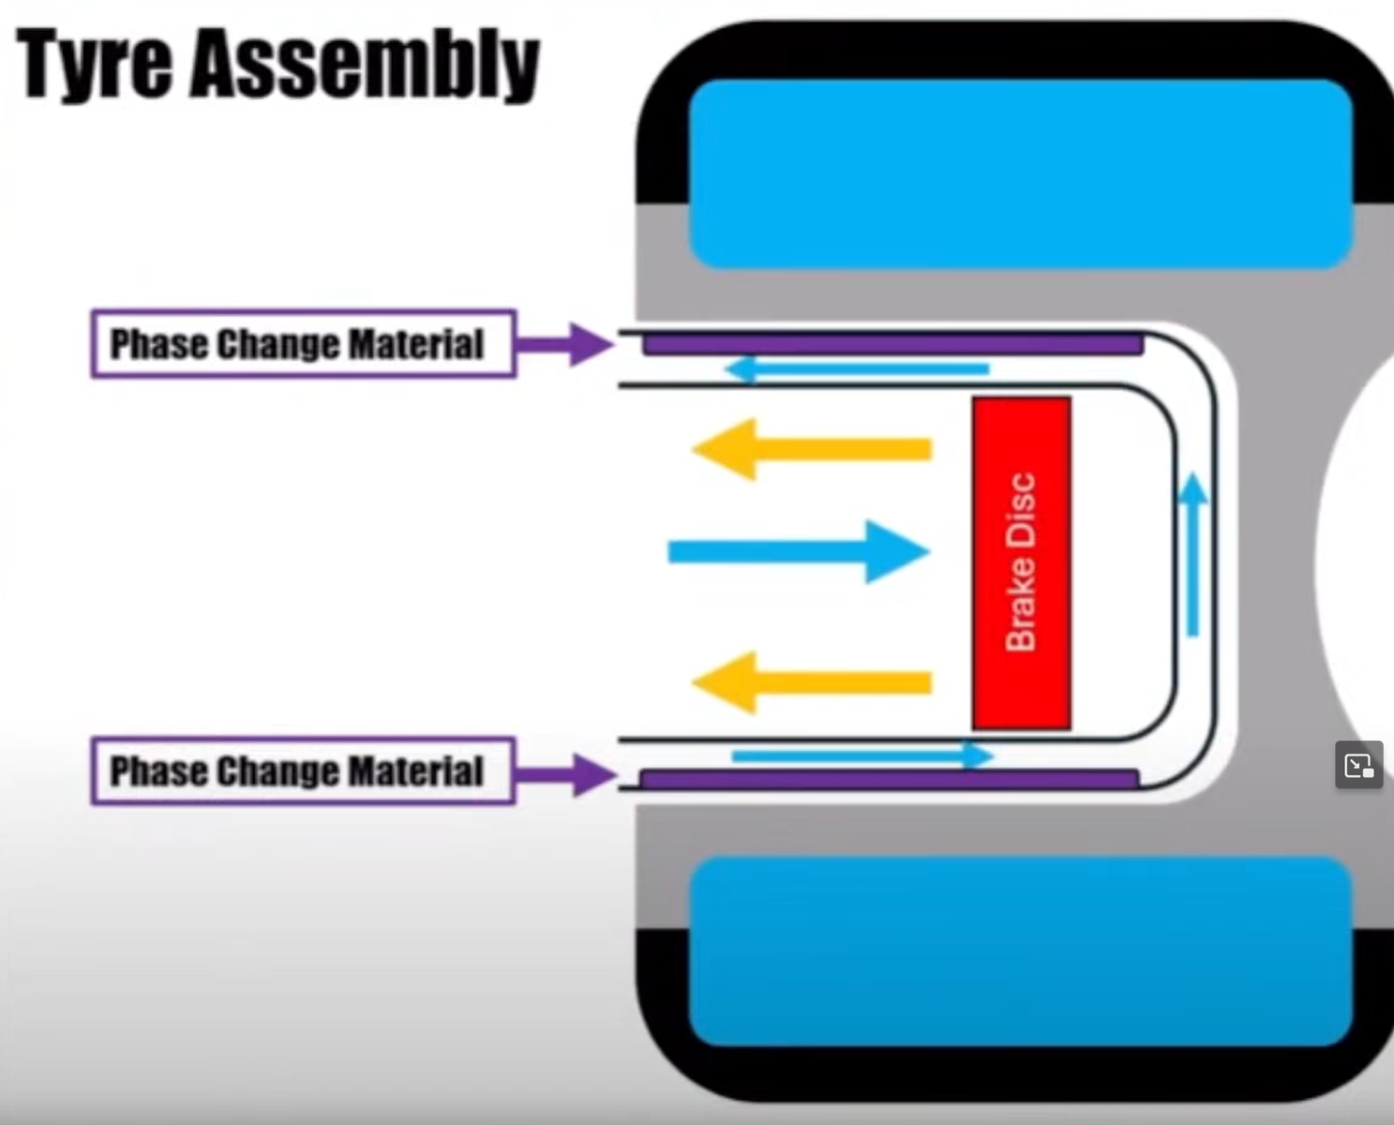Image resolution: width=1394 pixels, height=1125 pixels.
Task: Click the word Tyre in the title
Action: coord(94,64)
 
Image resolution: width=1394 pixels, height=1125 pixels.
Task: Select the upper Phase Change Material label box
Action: coord(303,344)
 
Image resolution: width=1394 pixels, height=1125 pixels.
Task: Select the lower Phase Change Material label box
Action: coord(303,771)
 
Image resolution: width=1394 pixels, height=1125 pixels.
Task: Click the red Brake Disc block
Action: coord(1021,562)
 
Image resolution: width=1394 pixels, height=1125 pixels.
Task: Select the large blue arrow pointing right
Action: coord(798,551)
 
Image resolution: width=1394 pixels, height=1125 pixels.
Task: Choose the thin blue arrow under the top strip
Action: coord(858,369)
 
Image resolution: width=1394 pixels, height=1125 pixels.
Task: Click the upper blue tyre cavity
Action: coord(1020,173)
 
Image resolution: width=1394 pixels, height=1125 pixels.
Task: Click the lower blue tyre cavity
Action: coord(1020,951)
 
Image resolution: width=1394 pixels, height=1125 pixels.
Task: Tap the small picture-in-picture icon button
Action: coord(1358,765)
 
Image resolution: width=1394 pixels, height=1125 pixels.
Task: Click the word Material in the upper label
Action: coord(416,344)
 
